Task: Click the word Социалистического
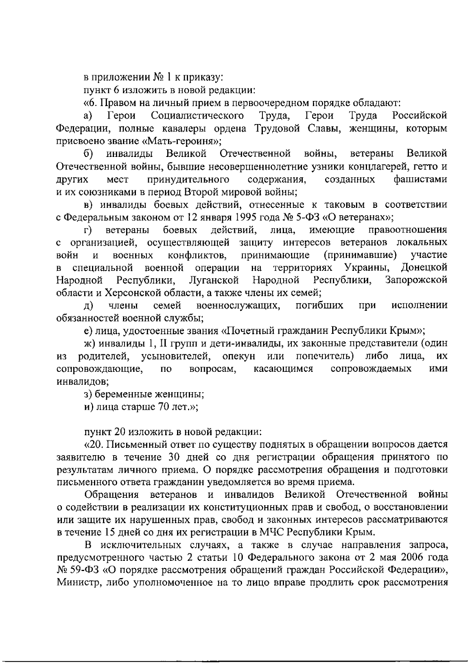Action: [x=197, y=116]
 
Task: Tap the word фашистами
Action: [x=420, y=179]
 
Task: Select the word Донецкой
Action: [x=424, y=268]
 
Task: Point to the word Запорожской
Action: [x=416, y=280]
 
